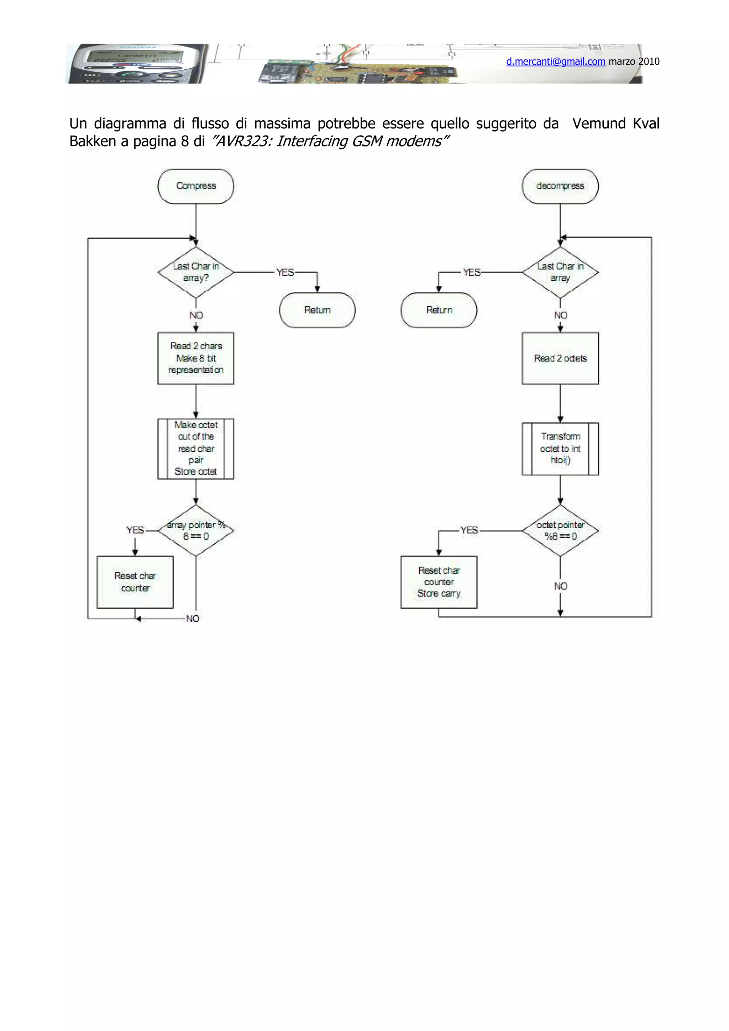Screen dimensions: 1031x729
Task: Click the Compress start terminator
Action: click(x=195, y=186)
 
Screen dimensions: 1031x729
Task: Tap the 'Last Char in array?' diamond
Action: click(x=195, y=272)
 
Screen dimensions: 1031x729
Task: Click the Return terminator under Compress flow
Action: click(x=317, y=310)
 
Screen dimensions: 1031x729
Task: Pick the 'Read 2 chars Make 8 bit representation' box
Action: click(x=195, y=358)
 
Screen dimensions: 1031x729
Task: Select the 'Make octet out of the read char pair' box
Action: click(x=195, y=448)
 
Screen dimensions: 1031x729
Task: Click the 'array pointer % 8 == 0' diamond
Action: click(x=195, y=530)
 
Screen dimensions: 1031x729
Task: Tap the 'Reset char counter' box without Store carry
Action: click(x=135, y=582)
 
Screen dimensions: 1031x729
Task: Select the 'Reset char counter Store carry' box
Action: click(x=439, y=582)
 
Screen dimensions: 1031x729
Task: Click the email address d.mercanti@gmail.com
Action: click(x=555, y=62)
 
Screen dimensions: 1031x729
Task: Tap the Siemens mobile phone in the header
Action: click(x=135, y=64)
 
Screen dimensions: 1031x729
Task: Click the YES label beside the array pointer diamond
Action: click(x=135, y=530)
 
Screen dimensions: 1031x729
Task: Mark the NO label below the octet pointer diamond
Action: click(x=560, y=586)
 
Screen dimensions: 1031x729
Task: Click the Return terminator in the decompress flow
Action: click(x=439, y=310)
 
